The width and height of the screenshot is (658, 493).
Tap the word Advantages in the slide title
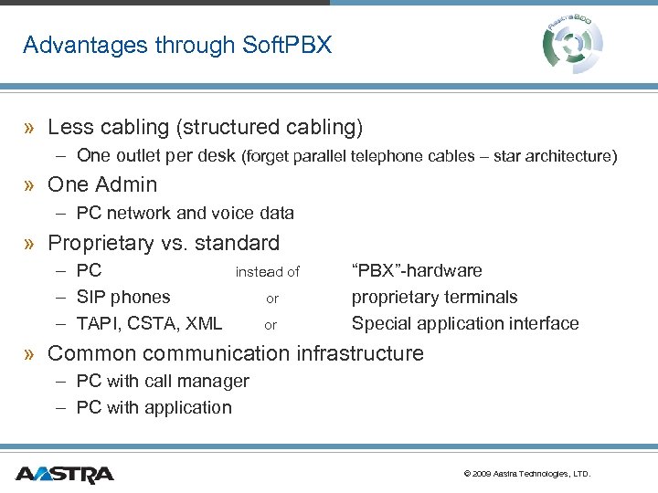pyautogui.click(x=78, y=45)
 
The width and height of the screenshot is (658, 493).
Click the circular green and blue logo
pyautogui.click(x=573, y=41)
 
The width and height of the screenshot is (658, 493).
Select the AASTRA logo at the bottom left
pyautogui.click(x=64, y=474)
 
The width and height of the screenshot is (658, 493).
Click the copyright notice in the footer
pyautogui.click(x=527, y=474)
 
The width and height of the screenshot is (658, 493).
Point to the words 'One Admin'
pyautogui.click(x=102, y=184)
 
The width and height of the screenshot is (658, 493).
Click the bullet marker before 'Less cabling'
pyautogui.click(x=30, y=128)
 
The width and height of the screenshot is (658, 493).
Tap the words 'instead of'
pyautogui.click(x=267, y=271)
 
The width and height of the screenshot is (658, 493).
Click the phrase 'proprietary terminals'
pyautogui.click(x=434, y=297)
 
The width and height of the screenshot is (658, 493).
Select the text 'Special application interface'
pyautogui.click(x=464, y=323)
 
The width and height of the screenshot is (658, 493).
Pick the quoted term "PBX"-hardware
pyautogui.click(x=417, y=270)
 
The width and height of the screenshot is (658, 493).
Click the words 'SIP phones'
pyautogui.click(x=123, y=297)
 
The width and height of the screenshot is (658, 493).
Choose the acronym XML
pyautogui.click(x=203, y=323)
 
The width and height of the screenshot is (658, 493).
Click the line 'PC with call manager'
pyautogui.click(x=163, y=381)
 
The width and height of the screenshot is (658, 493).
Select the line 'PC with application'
pyautogui.click(x=154, y=407)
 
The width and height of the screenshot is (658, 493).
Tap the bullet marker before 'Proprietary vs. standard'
pyautogui.click(x=30, y=244)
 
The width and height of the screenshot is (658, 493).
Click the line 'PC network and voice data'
pyautogui.click(x=185, y=213)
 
